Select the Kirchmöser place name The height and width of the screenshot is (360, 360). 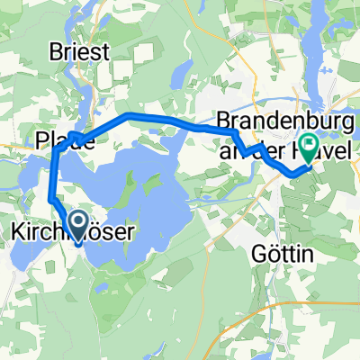[x=72, y=232]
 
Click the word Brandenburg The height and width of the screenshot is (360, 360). [x=283, y=118]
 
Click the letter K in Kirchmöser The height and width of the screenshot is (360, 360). [x=15, y=232]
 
